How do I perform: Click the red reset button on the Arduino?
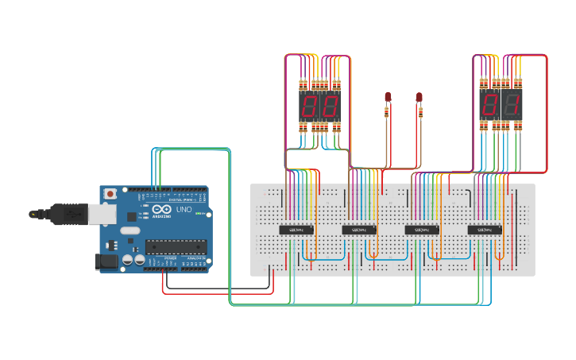click(110, 193)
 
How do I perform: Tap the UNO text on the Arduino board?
click(183, 209)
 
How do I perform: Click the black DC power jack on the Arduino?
click(107, 261)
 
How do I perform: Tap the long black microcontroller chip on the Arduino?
click(177, 246)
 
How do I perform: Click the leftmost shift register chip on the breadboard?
click(296, 230)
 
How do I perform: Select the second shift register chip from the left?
click(359, 230)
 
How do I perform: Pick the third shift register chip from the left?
click(422, 230)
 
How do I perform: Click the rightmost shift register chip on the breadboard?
click(485, 230)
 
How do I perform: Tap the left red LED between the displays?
click(388, 97)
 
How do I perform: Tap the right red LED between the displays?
click(419, 97)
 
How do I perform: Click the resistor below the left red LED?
click(387, 112)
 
